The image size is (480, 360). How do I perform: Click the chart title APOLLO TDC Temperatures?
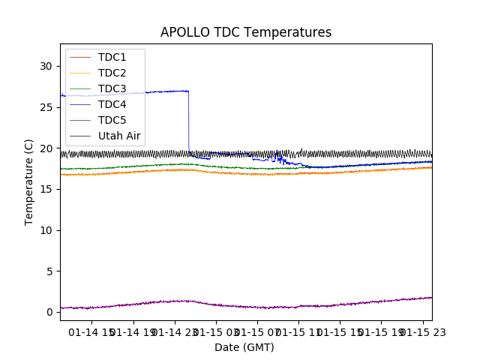pyautogui.click(x=246, y=32)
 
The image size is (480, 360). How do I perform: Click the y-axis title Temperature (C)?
pyautogui.click(x=29, y=181)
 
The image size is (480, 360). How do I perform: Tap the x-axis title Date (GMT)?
pyautogui.click(x=244, y=347)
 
